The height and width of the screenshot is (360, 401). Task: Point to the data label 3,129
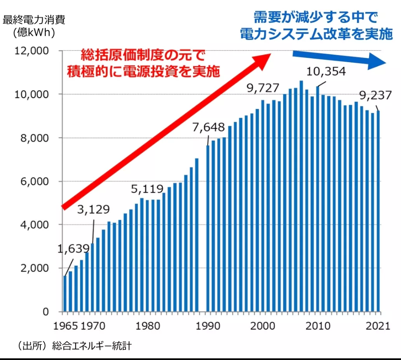(93, 210)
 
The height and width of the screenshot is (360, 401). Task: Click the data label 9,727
(263, 89)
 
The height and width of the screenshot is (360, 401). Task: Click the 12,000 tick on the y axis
(31, 51)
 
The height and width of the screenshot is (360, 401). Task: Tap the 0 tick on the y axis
(46, 312)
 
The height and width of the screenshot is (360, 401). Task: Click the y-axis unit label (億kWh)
(34, 33)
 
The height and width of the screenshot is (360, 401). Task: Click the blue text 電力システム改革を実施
(316, 34)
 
